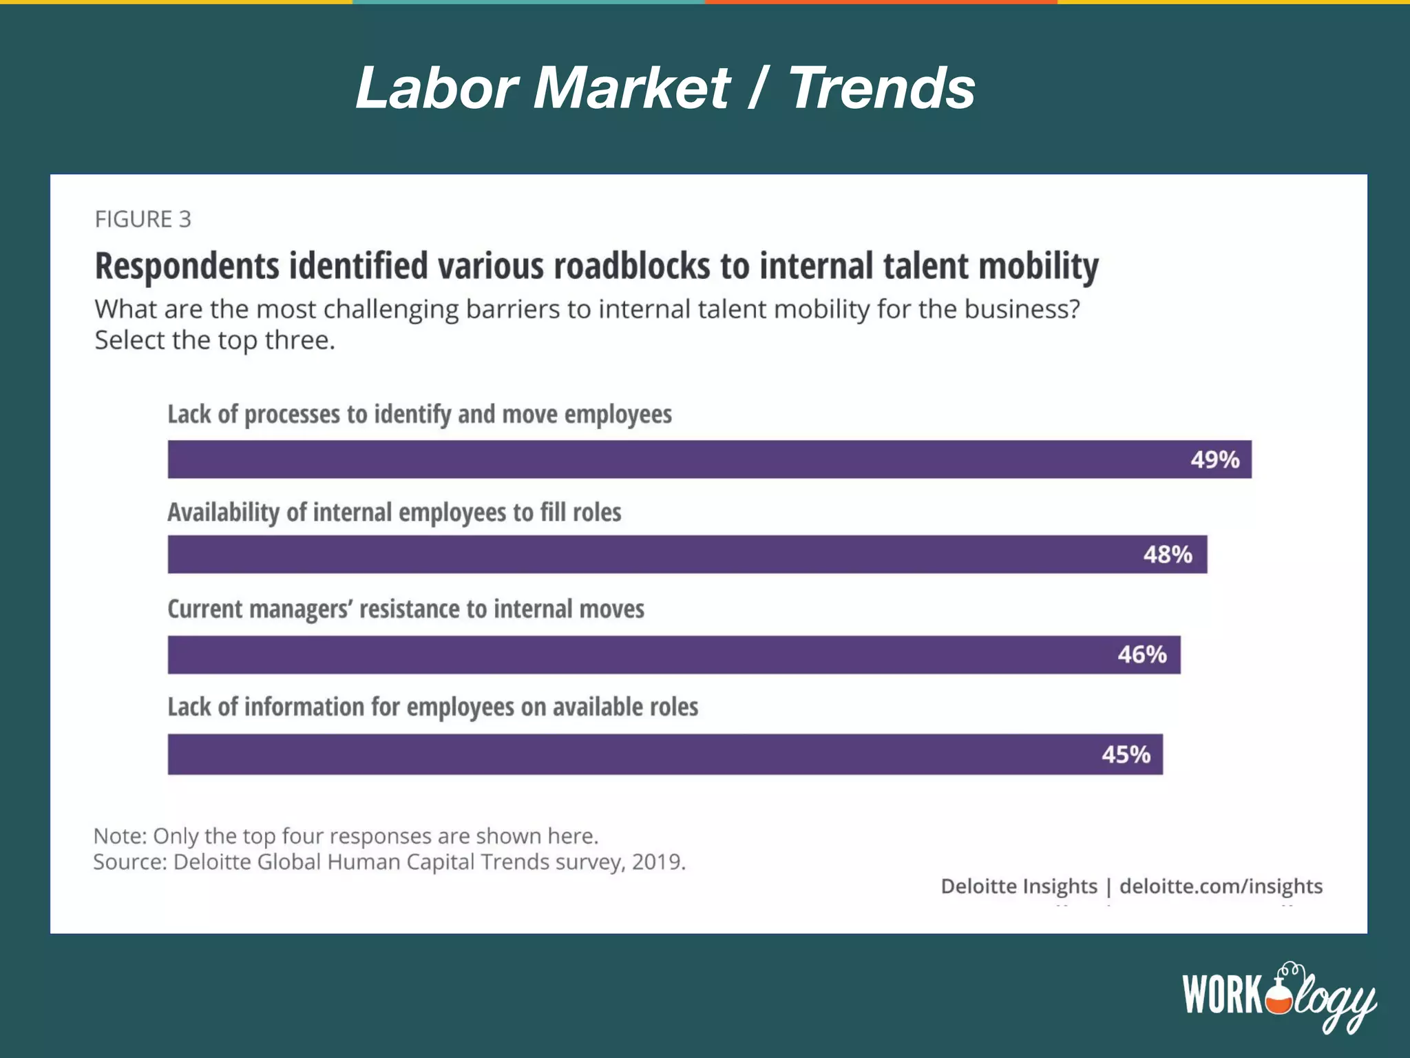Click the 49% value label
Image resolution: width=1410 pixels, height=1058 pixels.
pos(1214,459)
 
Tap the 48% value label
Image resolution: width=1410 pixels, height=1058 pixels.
pos(1168,554)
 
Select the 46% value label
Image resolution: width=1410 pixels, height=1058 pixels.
pos(1141,654)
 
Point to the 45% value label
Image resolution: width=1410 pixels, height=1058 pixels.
pos(1126,754)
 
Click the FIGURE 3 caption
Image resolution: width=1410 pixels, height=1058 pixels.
pos(143,219)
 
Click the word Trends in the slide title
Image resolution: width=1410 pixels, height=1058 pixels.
pos(881,88)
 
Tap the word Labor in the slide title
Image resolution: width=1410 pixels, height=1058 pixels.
pos(436,88)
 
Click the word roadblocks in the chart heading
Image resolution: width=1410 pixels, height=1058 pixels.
pos(631,266)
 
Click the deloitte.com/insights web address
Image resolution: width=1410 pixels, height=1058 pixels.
pos(1221,886)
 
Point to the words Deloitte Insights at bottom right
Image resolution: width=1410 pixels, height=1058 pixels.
pos(1018,886)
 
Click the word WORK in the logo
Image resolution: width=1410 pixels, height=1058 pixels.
pos(1223,994)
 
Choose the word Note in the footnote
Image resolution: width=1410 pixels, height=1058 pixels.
pos(119,836)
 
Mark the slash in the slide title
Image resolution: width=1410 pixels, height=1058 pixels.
pos(757,88)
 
